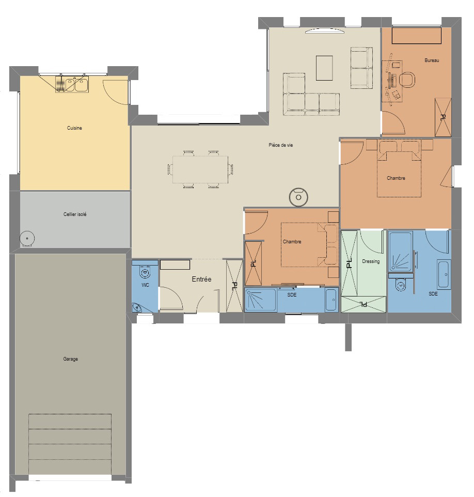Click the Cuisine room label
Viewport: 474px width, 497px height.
[74, 128]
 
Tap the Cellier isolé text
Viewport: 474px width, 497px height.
[75, 214]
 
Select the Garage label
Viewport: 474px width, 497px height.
[71, 359]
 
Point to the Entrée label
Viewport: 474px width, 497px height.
[201, 279]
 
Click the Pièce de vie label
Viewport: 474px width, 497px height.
[281, 145]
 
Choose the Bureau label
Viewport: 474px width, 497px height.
[432, 60]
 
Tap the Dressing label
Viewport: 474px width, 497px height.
[371, 261]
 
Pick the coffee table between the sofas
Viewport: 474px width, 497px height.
[324, 68]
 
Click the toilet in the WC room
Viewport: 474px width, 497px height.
[145, 271]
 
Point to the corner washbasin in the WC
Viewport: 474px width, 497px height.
[137, 308]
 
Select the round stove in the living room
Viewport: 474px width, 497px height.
[298, 197]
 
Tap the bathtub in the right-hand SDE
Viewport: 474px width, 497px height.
[444, 275]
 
